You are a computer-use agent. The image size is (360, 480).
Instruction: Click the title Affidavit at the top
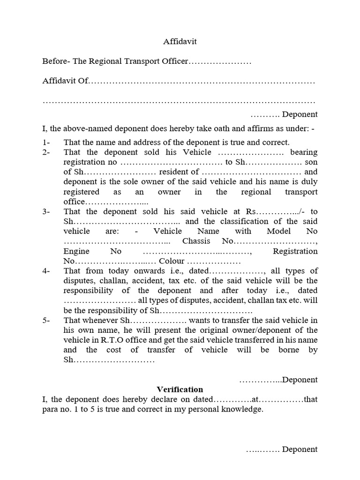(180, 42)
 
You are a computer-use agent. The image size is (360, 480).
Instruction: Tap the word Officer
(174, 61)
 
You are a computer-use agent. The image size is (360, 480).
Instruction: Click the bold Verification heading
(180, 390)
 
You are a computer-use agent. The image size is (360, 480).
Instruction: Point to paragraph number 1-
(46, 142)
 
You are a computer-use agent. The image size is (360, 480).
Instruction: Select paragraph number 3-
(46, 211)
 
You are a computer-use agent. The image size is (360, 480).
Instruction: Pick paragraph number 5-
(46, 320)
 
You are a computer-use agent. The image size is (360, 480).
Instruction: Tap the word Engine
(76, 251)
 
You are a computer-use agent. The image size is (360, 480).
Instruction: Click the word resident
(168, 172)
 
